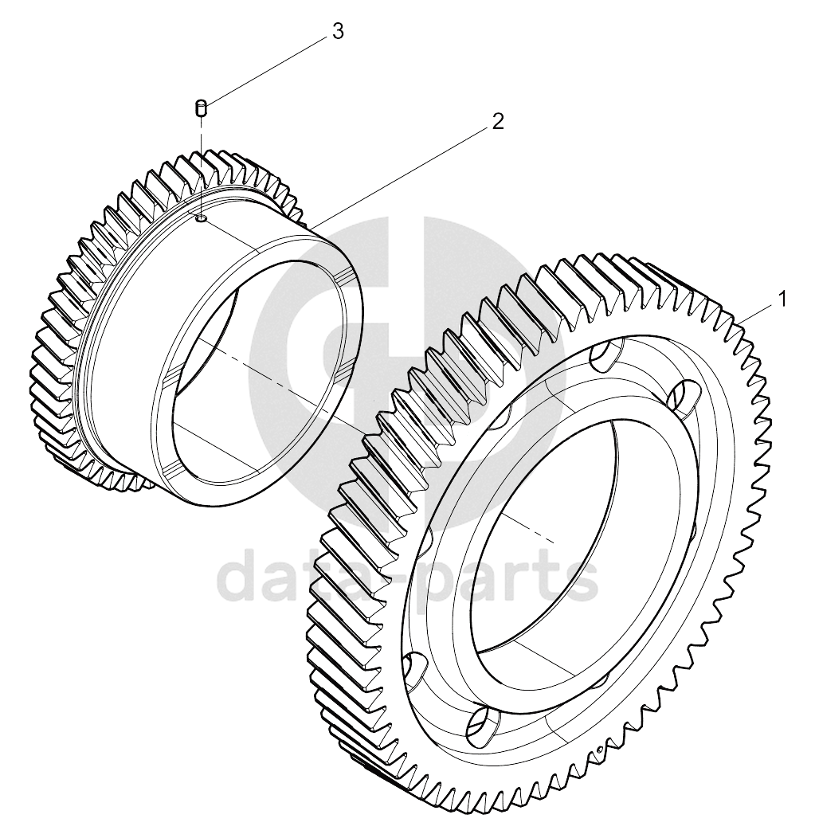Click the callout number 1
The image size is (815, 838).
click(x=782, y=300)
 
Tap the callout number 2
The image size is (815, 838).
click(x=498, y=122)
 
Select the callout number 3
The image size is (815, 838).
click(x=338, y=32)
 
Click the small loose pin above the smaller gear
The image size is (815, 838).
click(x=201, y=108)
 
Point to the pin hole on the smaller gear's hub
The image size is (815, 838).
click(x=201, y=218)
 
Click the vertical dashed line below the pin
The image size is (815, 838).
click(x=201, y=166)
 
